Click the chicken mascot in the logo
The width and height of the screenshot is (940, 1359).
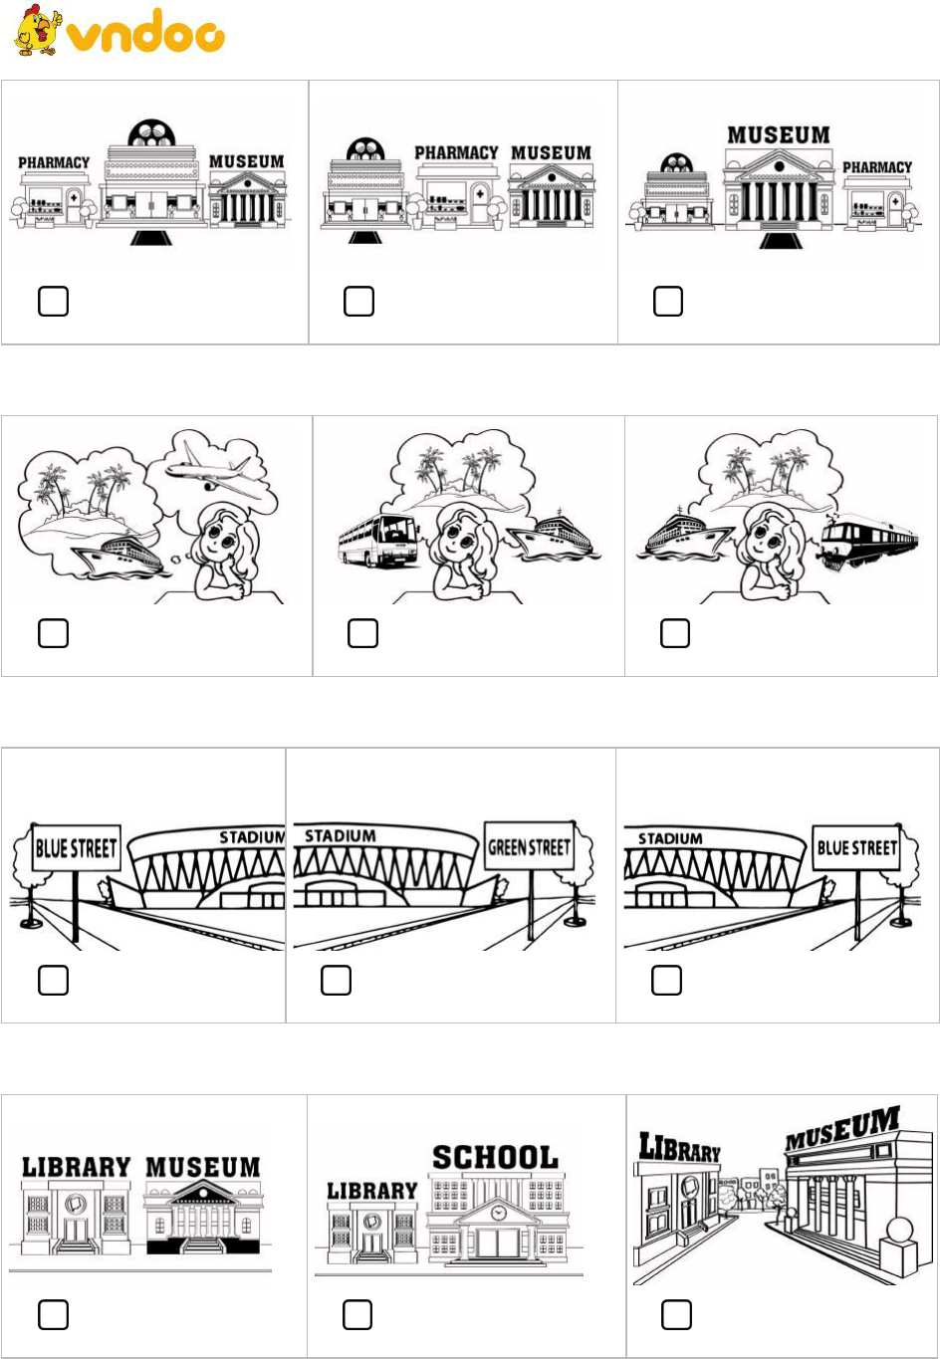(38, 30)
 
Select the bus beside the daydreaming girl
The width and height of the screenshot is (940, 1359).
(378, 541)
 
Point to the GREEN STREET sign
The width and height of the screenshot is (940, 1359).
(529, 847)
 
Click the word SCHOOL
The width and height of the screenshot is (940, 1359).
(495, 1158)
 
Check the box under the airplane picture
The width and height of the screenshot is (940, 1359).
(53, 633)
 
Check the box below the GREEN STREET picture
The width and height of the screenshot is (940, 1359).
(336, 981)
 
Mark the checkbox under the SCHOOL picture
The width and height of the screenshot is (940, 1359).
(357, 1315)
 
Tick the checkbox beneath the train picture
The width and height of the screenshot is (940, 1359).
(675, 633)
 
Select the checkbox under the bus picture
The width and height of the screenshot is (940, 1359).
(362, 633)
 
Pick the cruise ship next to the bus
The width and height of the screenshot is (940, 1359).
(554, 538)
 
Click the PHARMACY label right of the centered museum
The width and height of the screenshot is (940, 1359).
(877, 167)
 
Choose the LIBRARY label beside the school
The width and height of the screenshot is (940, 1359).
(372, 1191)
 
